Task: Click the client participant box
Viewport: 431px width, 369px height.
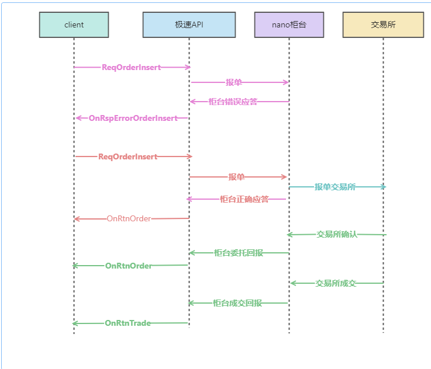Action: [x=74, y=25]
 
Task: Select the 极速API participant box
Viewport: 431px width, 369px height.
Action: [x=189, y=25]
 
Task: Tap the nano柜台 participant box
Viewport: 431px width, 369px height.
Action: [x=289, y=25]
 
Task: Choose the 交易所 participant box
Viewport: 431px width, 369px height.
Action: [x=383, y=25]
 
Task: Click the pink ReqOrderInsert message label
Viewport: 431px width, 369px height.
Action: [x=131, y=67]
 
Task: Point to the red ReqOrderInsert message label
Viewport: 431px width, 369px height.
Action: [x=127, y=156]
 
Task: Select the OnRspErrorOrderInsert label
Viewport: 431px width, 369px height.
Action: [x=133, y=118]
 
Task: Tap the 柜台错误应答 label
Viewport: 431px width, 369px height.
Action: [x=233, y=102]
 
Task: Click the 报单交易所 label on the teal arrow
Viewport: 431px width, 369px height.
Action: [x=335, y=187]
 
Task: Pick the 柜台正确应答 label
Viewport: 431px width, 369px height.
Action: [x=244, y=199]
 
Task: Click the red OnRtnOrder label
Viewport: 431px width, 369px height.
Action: [x=129, y=219]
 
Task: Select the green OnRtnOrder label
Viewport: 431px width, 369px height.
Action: [x=129, y=266]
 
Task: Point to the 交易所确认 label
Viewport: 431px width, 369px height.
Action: [x=336, y=235]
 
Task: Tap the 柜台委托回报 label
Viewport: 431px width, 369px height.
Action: [x=238, y=253]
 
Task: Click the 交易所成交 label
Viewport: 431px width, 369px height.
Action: [x=336, y=283]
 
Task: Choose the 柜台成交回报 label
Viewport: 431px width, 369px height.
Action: [x=237, y=303]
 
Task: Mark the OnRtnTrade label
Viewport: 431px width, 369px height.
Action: [x=127, y=323]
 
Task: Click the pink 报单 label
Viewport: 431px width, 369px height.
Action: [x=234, y=82]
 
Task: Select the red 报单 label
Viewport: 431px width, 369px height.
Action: [x=236, y=177]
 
